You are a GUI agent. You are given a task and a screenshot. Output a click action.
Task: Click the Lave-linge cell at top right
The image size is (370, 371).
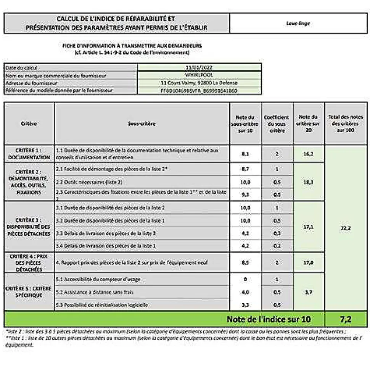coord(298,23)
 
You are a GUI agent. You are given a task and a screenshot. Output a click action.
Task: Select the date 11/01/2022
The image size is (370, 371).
coord(199,68)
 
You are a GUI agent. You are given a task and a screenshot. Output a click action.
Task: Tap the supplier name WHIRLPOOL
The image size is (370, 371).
coord(199,75)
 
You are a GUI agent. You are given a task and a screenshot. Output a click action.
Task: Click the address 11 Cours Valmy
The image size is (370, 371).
coord(199,83)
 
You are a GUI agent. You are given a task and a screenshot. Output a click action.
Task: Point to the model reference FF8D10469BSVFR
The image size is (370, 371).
coord(199,91)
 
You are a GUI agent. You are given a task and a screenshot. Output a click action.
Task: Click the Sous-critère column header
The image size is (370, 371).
coord(142,123)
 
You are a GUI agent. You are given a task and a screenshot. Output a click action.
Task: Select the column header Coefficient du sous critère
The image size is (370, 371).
coord(277,123)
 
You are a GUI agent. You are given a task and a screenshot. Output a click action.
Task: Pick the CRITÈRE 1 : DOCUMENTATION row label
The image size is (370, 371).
coord(29,154)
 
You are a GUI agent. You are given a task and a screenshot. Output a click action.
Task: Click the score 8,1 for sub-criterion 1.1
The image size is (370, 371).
coord(245,154)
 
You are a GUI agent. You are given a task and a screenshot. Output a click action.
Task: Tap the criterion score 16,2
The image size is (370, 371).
coord(309,154)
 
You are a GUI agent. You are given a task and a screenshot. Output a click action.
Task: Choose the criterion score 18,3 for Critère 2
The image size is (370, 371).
coord(309,182)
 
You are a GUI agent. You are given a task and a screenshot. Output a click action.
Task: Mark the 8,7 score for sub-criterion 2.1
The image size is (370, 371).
coord(245,168)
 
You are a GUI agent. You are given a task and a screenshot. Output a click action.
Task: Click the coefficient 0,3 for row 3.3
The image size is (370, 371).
coord(277,233)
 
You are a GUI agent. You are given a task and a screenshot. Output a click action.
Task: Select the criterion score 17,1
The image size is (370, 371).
coord(309,227)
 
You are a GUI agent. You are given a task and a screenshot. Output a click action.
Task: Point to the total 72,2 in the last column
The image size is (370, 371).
coord(345,228)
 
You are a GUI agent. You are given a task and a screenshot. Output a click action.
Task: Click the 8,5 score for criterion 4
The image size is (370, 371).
coord(245,262)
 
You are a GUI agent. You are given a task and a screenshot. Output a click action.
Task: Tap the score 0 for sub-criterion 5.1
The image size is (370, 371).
coord(245,279)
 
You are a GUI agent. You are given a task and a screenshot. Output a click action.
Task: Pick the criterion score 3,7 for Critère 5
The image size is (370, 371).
coord(309,292)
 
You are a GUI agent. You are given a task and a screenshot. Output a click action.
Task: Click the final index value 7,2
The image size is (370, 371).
coord(345,319)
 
